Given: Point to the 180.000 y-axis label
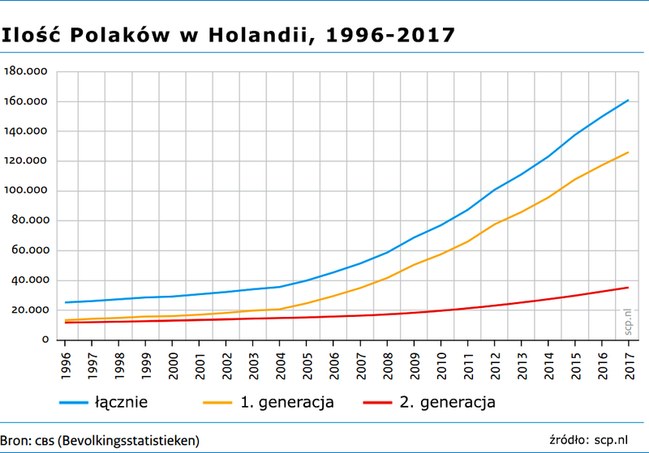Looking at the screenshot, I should pos(28,72).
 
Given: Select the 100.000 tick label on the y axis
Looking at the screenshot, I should pos(28,191).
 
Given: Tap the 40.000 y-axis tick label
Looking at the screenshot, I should pos(31,280).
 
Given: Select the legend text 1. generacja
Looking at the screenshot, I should pos(287,401).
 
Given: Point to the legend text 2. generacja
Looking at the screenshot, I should pos(447,401).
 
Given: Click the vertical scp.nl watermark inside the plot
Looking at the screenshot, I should pos(625,321).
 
